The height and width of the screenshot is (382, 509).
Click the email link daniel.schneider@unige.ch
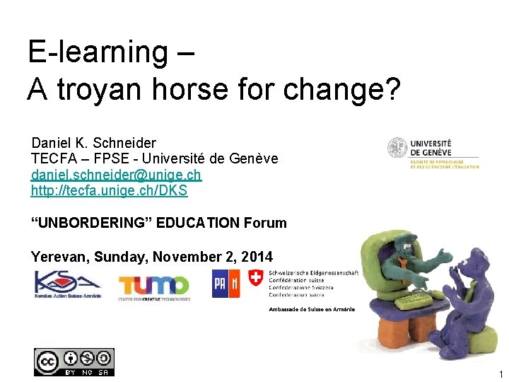click(x=116, y=175)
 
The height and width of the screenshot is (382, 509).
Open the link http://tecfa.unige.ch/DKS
click(x=109, y=190)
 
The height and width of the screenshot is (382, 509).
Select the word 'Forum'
click(x=265, y=224)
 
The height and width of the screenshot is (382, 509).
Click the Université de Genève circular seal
click(x=397, y=148)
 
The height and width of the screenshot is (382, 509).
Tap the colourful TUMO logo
click(x=153, y=285)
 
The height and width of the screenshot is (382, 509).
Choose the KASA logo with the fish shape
click(x=68, y=284)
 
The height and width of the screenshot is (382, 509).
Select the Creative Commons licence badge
click(x=74, y=361)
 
